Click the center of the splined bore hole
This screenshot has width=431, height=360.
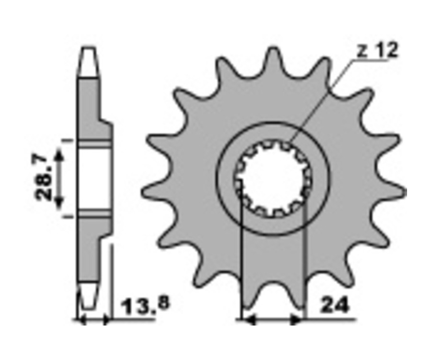(273, 179)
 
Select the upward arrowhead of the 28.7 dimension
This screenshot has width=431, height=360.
(59, 155)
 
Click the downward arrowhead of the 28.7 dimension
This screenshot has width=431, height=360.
(58, 203)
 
